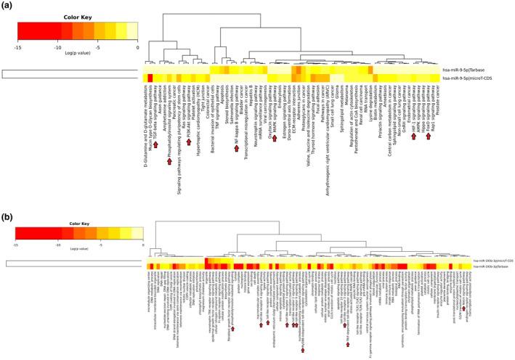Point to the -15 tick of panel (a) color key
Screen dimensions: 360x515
[x=15, y=45]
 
